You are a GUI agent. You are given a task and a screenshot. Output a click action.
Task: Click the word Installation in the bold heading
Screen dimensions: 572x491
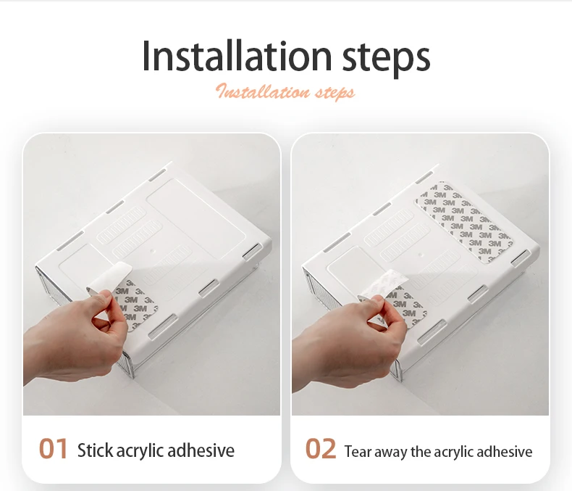(x=237, y=57)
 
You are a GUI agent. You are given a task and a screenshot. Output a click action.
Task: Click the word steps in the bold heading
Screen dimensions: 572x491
(x=386, y=59)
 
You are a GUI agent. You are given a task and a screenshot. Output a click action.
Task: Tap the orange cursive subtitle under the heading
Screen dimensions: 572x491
(x=285, y=91)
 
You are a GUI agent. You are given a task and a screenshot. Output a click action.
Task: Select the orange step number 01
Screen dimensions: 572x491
(x=54, y=449)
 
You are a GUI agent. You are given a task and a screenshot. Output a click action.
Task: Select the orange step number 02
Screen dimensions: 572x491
(x=320, y=449)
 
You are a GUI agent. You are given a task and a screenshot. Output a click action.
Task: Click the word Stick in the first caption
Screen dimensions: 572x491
(x=95, y=450)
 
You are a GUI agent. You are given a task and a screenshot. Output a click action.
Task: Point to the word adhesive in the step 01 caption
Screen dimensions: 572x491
(x=201, y=450)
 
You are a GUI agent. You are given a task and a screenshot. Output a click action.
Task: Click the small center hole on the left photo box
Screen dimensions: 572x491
(x=153, y=252)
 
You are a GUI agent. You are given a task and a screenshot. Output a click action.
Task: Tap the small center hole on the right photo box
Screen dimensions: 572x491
(x=421, y=255)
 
